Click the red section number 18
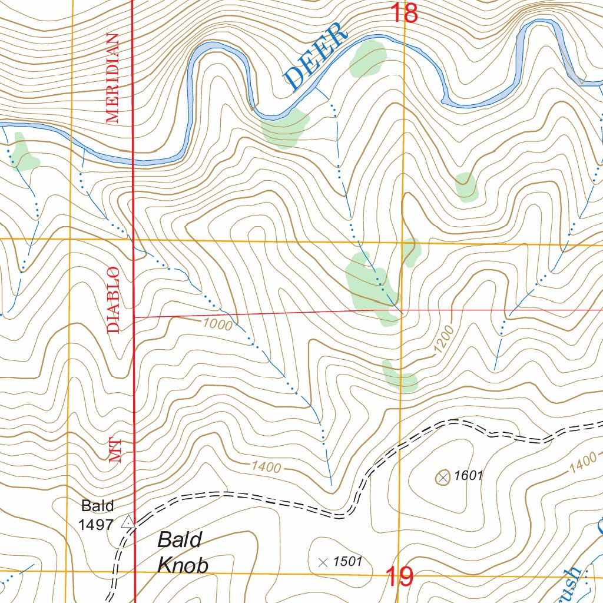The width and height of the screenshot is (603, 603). click(x=405, y=13)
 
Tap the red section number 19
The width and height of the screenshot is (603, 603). click(x=399, y=577)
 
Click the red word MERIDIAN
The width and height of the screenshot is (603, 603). click(x=112, y=78)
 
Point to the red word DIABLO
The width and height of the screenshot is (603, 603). click(x=113, y=300)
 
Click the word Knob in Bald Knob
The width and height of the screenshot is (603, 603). click(x=183, y=565)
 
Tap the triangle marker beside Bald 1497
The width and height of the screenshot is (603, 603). click(x=127, y=522)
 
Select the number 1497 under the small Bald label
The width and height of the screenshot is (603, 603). click(x=95, y=524)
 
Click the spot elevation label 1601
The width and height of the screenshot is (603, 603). click(x=469, y=476)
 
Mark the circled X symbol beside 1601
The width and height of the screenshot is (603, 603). click(x=443, y=477)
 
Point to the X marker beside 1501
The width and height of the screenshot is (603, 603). click(x=322, y=562)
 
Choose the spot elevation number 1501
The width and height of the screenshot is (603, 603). click(x=347, y=562)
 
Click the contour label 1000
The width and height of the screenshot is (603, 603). click(x=218, y=324)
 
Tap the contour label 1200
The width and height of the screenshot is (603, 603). click(x=443, y=340)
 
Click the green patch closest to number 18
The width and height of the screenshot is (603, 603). click(x=368, y=59)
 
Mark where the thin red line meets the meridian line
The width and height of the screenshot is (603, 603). click(x=134, y=317)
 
